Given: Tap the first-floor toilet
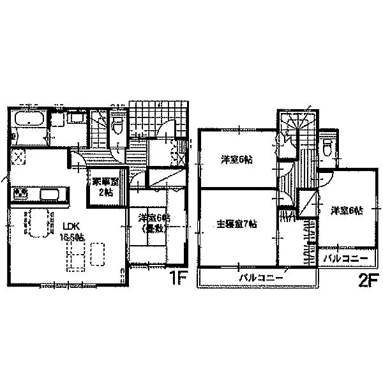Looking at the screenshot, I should coord(117,125).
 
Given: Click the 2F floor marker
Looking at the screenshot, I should coord(358,279).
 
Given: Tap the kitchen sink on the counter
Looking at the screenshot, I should coord(50,193).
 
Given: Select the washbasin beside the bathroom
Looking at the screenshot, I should coord(75,118).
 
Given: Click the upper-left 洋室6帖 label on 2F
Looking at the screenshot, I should coord(237,159).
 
